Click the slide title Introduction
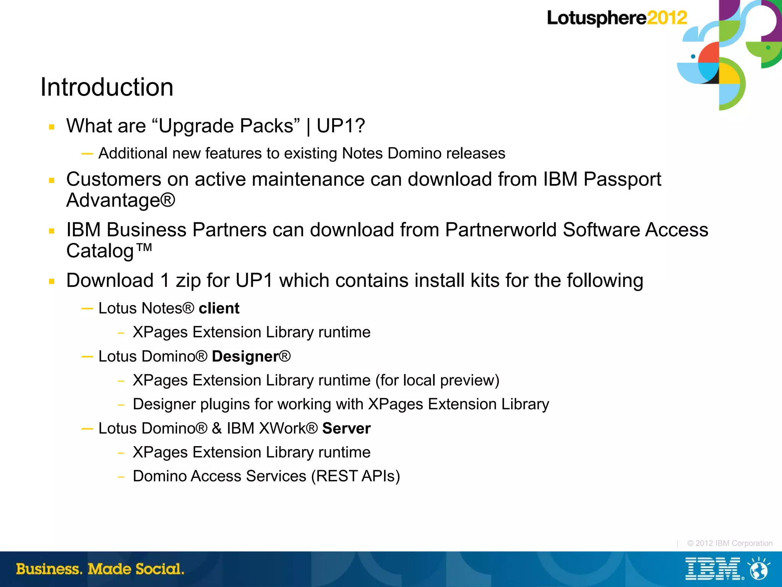click(107, 87)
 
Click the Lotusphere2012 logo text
click(617, 18)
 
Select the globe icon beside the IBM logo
click(759, 569)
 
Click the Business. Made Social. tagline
click(100, 569)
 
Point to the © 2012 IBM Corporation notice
click(729, 543)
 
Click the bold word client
click(219, 308)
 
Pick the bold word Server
click(346, 429)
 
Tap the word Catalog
click(100, 251)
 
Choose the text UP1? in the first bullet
click(341, 126)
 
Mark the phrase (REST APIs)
click(355, 476)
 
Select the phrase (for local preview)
click(437, 380)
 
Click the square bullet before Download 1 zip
click(52, 282)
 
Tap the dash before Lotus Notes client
click(87, 308)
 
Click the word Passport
click(622, 179)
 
